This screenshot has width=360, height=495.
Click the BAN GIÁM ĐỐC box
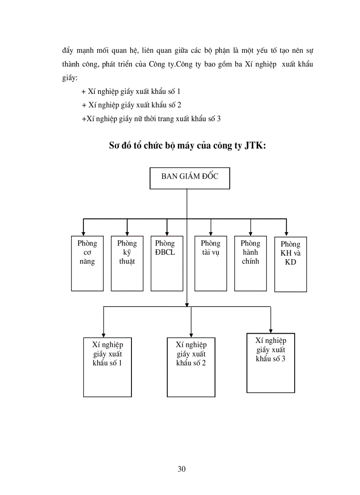(190, 178)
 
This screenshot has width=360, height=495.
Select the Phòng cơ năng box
(87, 263)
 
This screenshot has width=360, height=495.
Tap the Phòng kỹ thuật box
(127, 263)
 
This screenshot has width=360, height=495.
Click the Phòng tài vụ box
(210, 263)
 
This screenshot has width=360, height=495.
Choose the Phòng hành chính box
(250, 263)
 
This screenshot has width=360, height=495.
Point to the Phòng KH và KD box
(290, 264)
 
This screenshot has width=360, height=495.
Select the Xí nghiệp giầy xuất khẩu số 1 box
(107, 367)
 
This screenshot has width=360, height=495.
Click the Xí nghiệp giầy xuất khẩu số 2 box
(191, 367)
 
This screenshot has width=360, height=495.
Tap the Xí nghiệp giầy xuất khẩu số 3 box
(270, 362)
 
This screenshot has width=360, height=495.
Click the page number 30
(181, 469)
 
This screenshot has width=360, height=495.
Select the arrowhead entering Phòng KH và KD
(286, 234)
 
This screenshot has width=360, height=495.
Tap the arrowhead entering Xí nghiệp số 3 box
(270, 330)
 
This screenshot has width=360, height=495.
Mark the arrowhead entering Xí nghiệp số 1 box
(103, 335)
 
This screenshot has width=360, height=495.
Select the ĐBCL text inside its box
(165, 253)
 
